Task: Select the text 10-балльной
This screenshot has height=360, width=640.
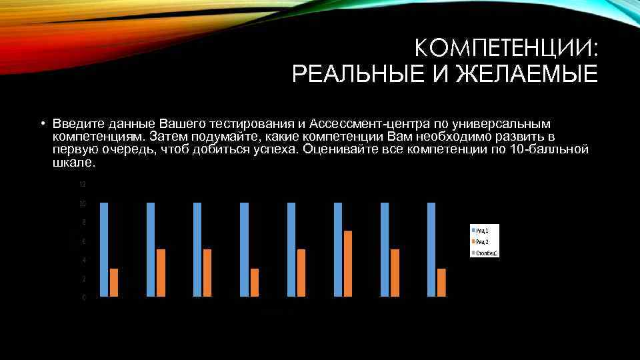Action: [x=548, y=149]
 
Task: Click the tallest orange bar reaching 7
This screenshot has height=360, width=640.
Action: [x=348, y=263]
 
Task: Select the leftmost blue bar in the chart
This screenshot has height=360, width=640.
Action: [x=103, y=249]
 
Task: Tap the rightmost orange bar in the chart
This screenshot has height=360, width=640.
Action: [x=441, y=282]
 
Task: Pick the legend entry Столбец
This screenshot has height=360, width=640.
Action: [x=487, y=253]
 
